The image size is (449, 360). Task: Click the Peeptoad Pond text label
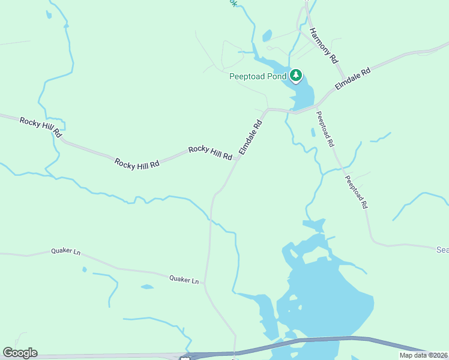258,76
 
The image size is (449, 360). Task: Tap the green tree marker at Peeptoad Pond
296,76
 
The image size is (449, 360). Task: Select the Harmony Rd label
324,45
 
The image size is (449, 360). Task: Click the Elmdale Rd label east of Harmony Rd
353,79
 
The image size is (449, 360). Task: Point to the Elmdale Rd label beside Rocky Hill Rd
251,137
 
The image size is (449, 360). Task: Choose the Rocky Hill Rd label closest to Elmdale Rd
210,152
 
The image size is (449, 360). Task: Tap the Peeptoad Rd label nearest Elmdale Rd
324,129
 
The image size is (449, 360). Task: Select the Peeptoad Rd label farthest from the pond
356,191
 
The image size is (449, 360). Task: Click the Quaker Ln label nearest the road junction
184,279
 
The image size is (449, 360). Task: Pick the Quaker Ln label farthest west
65,251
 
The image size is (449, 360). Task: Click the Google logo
20,353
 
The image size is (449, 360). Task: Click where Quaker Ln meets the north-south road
205,283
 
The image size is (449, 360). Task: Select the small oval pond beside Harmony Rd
267,35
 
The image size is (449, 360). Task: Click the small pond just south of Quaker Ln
147,287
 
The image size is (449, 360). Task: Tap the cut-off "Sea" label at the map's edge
442,249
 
